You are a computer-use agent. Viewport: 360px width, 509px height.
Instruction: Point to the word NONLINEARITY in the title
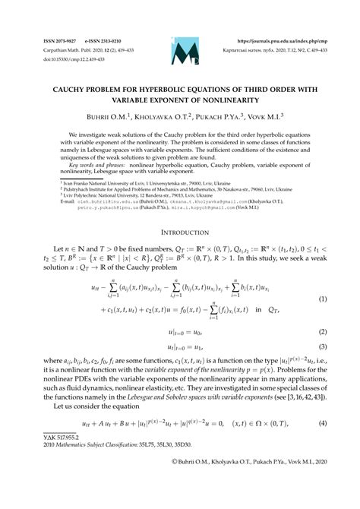(x=218, y=100)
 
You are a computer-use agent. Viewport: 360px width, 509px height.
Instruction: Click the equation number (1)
(x=322, y=280)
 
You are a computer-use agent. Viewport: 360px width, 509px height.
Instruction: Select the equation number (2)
(x=322, y=311)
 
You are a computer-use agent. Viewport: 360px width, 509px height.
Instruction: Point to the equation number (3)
(x=322, y=326)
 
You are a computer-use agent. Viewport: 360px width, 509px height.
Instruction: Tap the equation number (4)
(x=322, y=422)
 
